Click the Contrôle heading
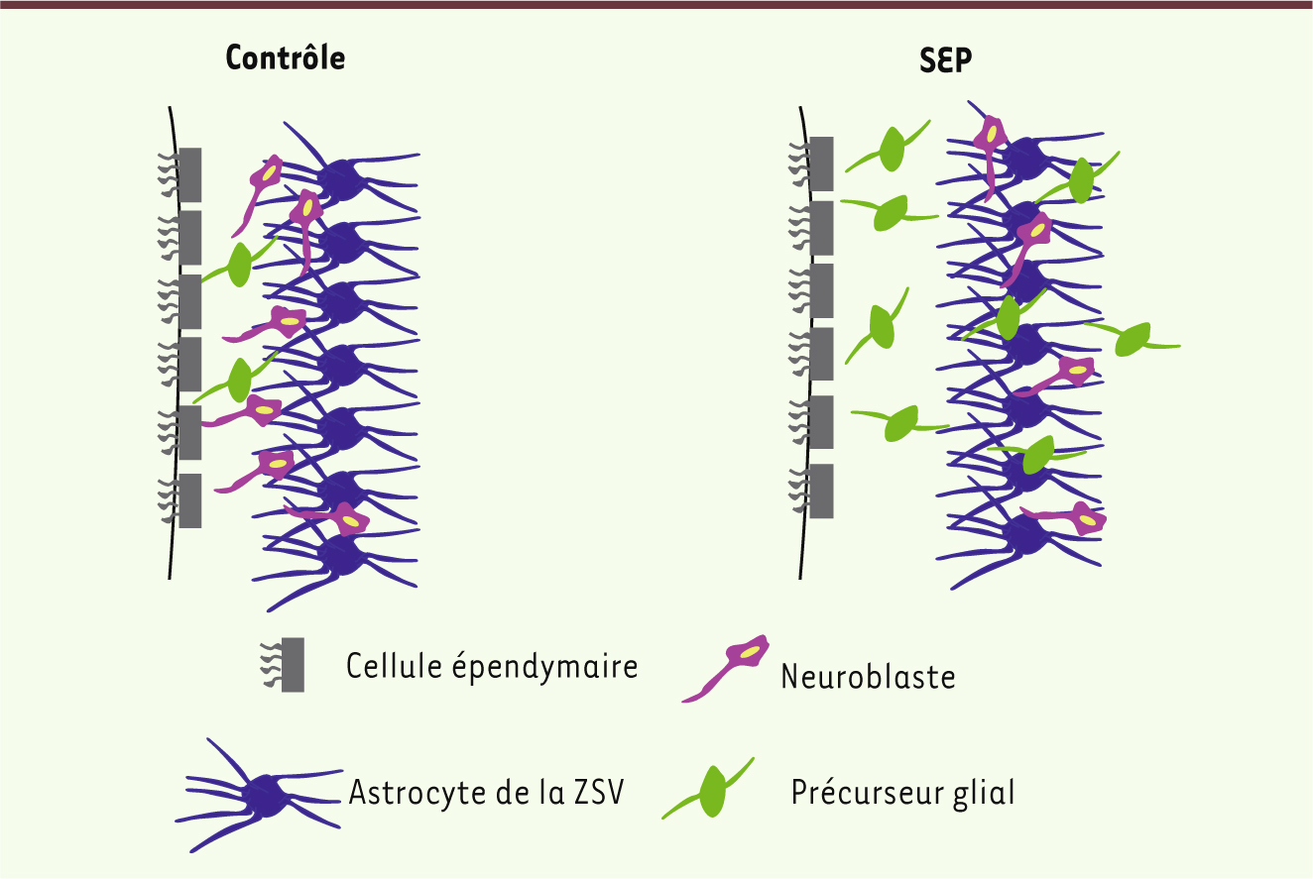[286, 58]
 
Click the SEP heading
[945, 59]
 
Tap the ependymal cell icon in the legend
[283, 665]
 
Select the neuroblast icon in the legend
[726, 668]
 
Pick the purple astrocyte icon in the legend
[259, 795]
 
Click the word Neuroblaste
[868, 677]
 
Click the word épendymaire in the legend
[544, 667]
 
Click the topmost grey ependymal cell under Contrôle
[190, 174]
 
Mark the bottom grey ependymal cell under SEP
[821, 492]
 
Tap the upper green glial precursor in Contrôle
[239, 263]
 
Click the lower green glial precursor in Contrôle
[237, 380]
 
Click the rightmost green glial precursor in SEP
[1132, 340]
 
